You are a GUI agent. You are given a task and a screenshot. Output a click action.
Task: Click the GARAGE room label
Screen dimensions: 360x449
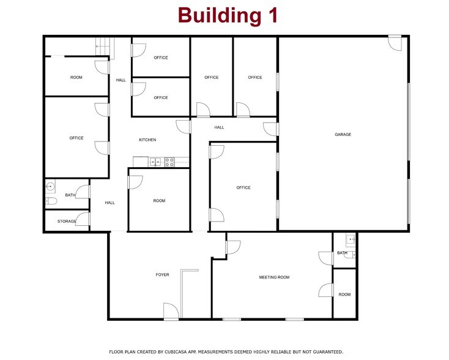click(x=343, y=135)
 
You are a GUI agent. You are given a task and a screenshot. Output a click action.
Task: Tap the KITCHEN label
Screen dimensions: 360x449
click(x=147, y=140)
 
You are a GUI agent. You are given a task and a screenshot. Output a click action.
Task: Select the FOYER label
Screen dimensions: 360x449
click(x=162, y=275)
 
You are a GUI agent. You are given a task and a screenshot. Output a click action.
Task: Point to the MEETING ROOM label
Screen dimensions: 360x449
click(x=274, y=277)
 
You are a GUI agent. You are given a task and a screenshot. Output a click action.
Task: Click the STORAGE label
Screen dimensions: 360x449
click(x=67, y=221)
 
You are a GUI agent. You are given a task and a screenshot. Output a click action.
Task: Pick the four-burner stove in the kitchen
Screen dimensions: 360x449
click(x=169, y=162)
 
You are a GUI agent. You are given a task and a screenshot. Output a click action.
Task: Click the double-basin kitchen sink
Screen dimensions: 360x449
click(x=156, y=162)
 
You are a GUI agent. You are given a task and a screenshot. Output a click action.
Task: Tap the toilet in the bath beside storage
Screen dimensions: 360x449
click(x=51, y=201)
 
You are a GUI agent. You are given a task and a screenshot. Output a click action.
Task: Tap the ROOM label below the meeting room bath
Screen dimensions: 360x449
click(x=344, y=294)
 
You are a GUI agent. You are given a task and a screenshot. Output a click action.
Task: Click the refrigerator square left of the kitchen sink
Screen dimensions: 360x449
click(x=140, y=162)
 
